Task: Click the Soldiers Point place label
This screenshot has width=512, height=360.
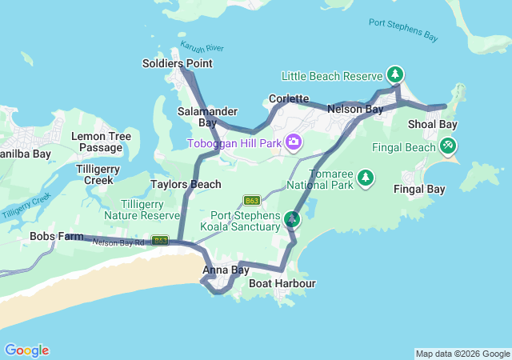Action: pyautogui.click(x=177, y=63)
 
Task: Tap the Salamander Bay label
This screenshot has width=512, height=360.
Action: pyautogui.click(x=197, y=118)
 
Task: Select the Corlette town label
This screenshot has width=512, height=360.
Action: pyautogui.click(x=289, y=98)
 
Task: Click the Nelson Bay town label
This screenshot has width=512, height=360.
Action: pyautogui.click(x=355, y=108)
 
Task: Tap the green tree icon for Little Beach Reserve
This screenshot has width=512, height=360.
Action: pyautogui.click(x=394, y=75)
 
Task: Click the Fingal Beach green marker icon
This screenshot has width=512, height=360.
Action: pyautogui.click(x=448, y=146)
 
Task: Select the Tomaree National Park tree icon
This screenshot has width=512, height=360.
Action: pyautogui.click(x=366, y=177)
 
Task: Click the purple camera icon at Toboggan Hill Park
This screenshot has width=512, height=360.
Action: pyautogui.click(x=294, y=142)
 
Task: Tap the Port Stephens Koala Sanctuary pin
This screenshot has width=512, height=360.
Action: pyautogui.click(x=292, y=218)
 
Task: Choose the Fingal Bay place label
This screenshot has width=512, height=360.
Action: pyautogui.click(x=419, y=189)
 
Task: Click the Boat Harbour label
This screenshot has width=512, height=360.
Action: pyautogui.click(x=282, y=283)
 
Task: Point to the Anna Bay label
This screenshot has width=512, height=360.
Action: pyautogui.click(x=226, y=270)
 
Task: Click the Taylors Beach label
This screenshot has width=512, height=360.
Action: pyautogui.click(x=186, y=184)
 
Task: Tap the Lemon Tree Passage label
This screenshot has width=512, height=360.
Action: pyautogui.click(x=101, y=142)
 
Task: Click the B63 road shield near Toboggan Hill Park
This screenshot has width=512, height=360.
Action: pyautogui.click(x=253, y=200)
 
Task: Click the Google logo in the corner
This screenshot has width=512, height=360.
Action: pyautogui.click(x=26, y=350)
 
